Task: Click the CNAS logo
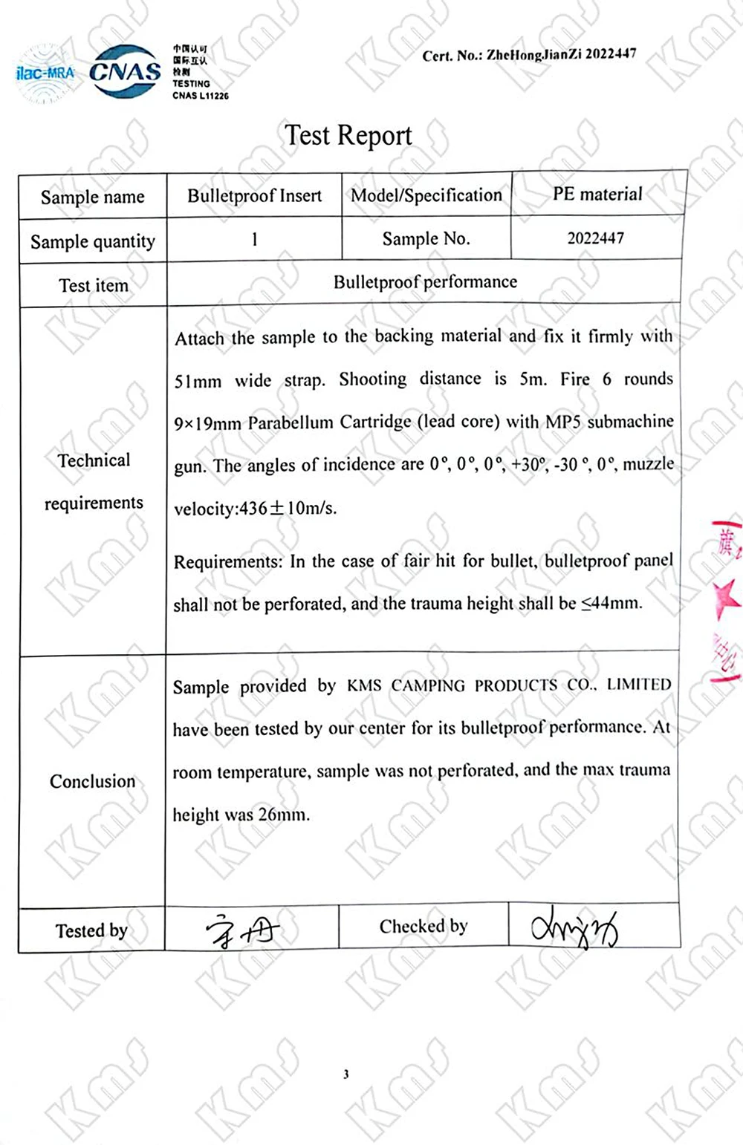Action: [x=125, y=71]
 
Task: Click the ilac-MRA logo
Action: [x=45, y=74]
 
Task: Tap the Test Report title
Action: [x=348, y=135]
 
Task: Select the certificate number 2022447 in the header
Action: [x=610, y=53]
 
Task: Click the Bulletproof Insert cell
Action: [x=254, y=196]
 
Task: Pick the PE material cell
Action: [x=597, y=194]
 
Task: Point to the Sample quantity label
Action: [x=93, y=241]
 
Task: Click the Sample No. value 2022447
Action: [x=596, y=238]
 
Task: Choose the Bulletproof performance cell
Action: [x=425, y=282]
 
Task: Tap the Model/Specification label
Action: [x=426, y=195]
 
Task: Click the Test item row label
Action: [x=94, y=285]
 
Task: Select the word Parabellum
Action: [x=291, y=423]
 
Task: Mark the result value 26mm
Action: [x=283, y=815]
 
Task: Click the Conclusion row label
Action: [x=93, y=781]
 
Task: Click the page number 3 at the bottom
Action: [x=346, y=1074]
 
